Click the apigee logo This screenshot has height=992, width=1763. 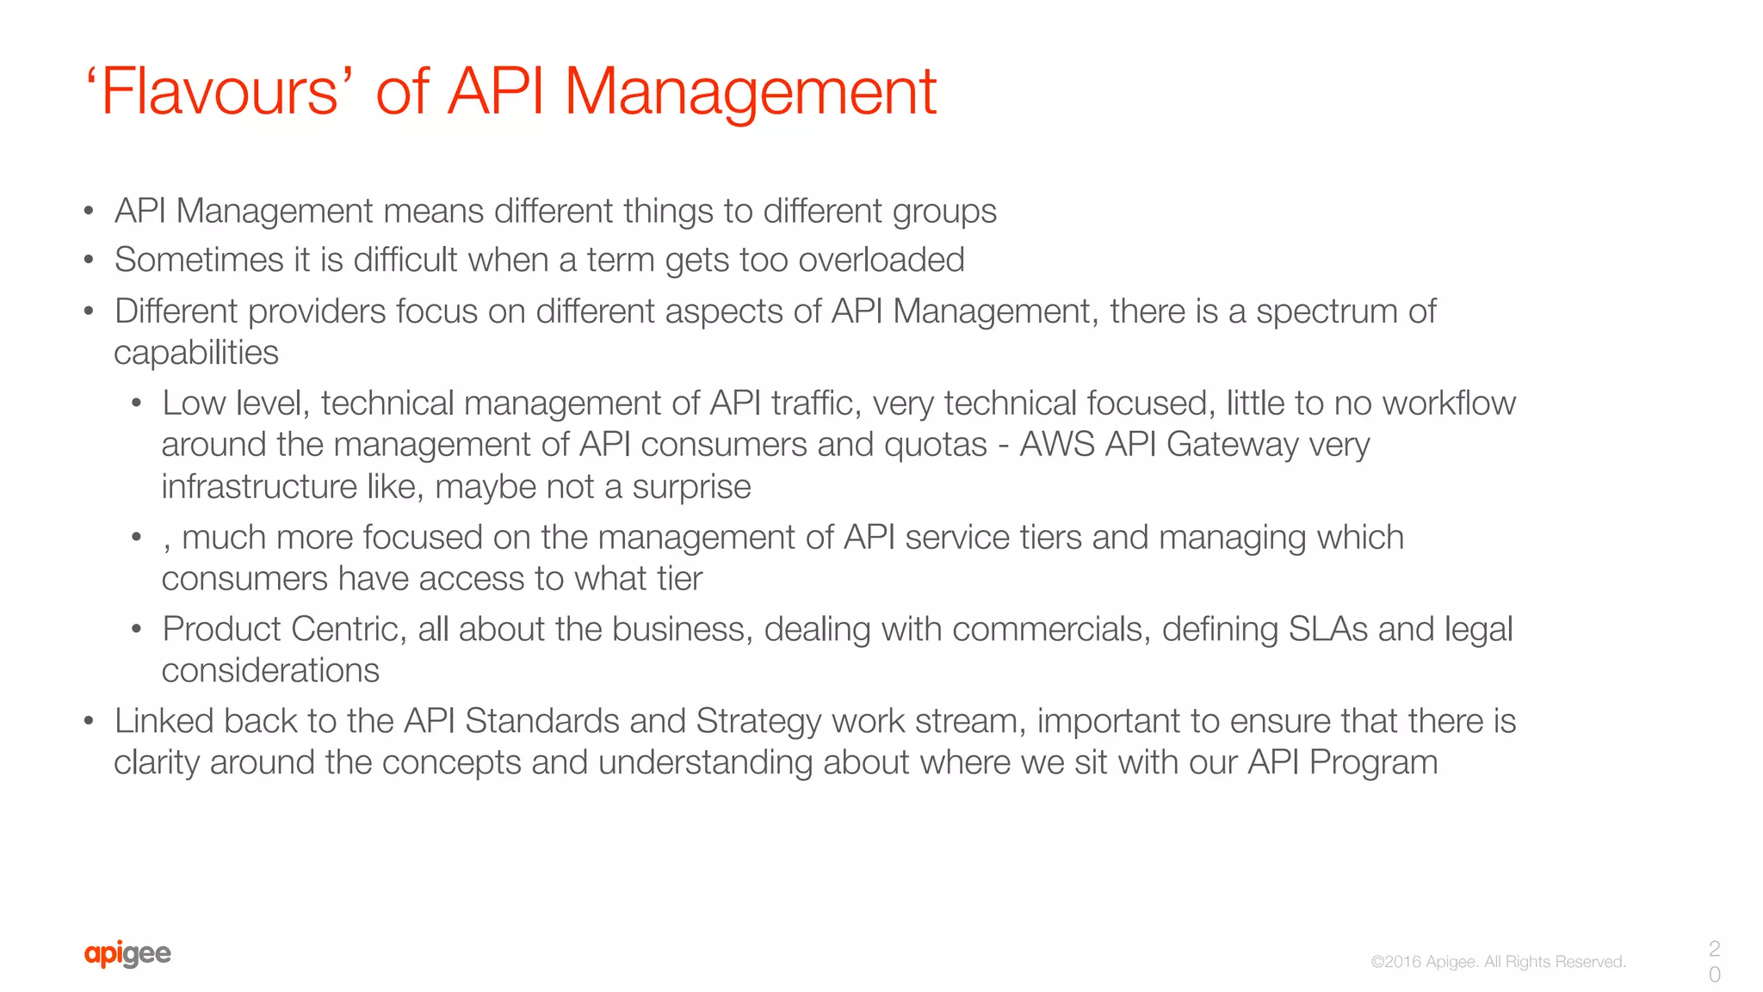click(x=127, y=953)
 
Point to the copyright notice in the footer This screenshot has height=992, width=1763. click(x=1498, y=962)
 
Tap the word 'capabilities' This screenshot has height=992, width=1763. click(x=196, y=353)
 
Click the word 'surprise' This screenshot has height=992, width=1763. click(x=691, y=487)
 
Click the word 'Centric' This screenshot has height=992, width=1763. click(x=348, y=629)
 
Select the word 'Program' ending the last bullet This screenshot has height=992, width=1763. click(x=1373, y=762)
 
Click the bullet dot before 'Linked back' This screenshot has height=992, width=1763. click(x=89, y=721)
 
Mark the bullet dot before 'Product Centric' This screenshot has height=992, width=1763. click(x=136, y=629)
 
